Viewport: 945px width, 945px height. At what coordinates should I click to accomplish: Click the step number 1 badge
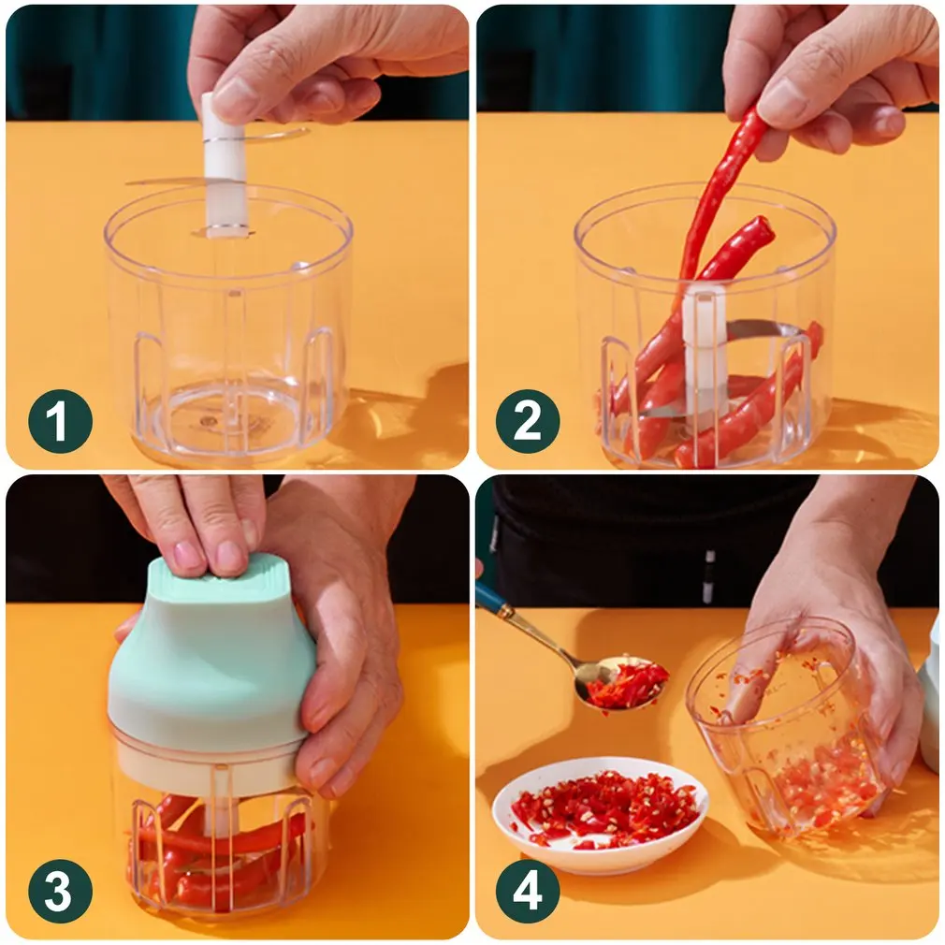tap(60, 421)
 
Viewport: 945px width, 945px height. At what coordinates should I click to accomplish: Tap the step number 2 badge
tap(528, 421)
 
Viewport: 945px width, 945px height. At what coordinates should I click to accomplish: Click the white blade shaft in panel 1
tap(225, 178)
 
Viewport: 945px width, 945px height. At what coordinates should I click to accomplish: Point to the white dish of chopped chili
tap(600, 814)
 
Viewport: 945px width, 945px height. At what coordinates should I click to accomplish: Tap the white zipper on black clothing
tap(708, 574)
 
